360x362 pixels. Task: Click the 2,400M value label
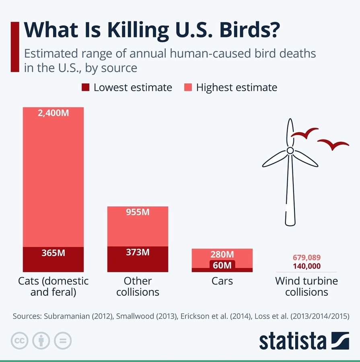coord(53,113)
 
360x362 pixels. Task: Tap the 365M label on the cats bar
coord(53,253)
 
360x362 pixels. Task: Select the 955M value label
coord(138,212)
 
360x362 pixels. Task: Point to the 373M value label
coord(138,252)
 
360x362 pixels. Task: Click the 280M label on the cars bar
coord(222,255)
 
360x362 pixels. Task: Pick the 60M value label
coord(222,265)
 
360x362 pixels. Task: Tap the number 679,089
coord(307,258)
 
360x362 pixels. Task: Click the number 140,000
coord(307,266)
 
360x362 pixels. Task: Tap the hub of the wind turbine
coord(290,150)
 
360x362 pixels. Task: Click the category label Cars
coord(222,281)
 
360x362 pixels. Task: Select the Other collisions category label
coord(138,286)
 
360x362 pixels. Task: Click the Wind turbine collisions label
coord(307,286)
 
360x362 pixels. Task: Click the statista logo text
coord(292,340)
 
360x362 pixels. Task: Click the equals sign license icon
coord(62,341)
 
